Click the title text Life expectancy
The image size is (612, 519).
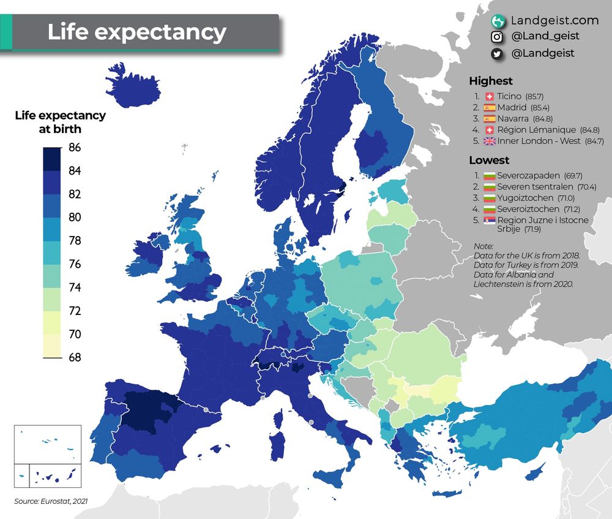point(136,32)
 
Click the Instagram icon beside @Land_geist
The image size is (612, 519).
point(498,37)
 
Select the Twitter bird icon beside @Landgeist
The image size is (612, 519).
point(498,54)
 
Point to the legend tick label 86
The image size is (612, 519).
point(75,147)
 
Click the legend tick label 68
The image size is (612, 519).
point(75,357)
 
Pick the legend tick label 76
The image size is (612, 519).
point(75,264)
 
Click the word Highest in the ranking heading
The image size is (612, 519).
point(490,81)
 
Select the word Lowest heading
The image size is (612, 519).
point(489,161)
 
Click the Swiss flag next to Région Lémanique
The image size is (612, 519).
point(488,130)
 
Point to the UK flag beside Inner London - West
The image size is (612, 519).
point(488,141)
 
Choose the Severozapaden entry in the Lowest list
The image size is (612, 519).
point(524,176)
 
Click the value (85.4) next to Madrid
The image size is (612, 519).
point(540,108)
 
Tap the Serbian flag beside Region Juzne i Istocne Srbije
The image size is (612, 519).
point(488,220)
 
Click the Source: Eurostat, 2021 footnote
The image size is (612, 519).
point(51,501)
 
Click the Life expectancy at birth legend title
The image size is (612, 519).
point(60,122)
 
